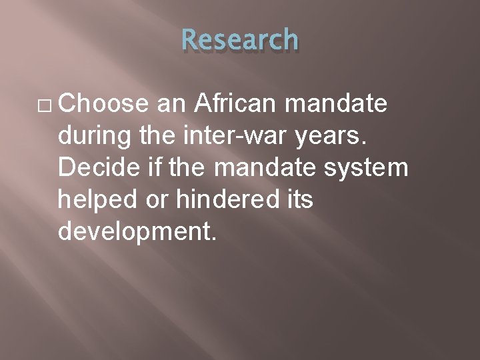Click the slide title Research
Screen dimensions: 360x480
pyautogui.click(x=240, y=40)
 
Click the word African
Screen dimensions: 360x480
pyautogui.click(x=239, y=104)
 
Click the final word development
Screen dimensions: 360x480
pyautogui.click(x=138, y=232)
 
